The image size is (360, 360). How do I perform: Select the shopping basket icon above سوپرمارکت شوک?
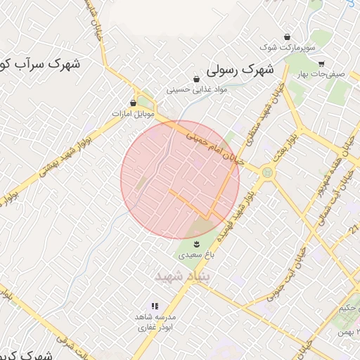pyautogui.click(x=287, y=37)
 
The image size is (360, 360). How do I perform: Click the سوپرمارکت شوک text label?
pyautogui.click(x=288, y=47)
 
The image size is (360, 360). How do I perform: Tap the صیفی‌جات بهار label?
pyautogui.click(x=324, y=73)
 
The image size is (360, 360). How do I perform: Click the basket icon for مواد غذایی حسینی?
pyautogui.click(x=196, y=79)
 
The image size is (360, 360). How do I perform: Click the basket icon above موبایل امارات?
pyautogui.click(x=134, y=103)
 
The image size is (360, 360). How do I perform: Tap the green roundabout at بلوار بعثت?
pyautogui.click(x=267, y=172)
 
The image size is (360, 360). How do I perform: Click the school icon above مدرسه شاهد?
pyautogui.click(x=155, y=307)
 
